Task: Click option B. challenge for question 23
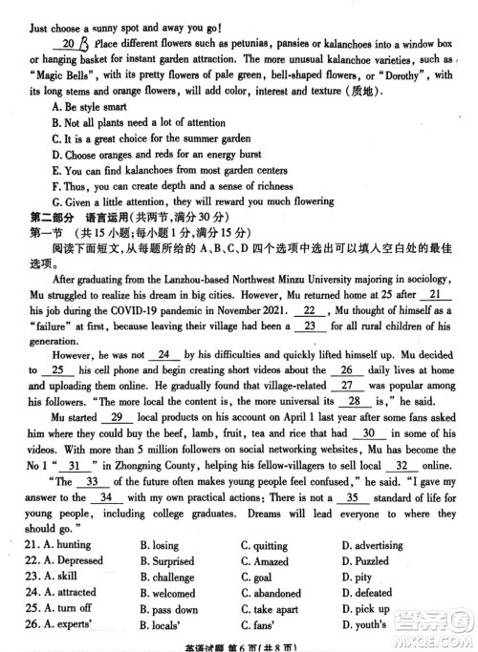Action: (166, 578)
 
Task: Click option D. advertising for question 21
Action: (372, 545)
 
